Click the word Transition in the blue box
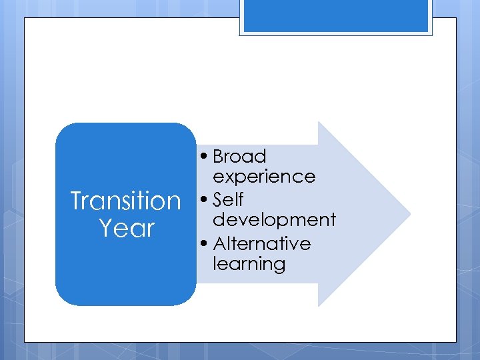[x=125, y=200]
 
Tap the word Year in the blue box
[x=126, y=228]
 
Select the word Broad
[x=239, y=157]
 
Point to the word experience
[x=264, y=177]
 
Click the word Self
[x=228, y=200]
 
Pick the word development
[x=274, y=220]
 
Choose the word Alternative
[x=262, y=243]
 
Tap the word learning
[x=249, y=265]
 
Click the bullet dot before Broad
[x=203, y=157]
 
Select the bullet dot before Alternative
[x=203, y=244]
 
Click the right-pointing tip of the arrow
[x=409, y=214]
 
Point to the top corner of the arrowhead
[x=319, y=123]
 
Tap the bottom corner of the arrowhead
[x=319, y=305]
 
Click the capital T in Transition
[x=77, y=200]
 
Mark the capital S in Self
[x=219, y=200]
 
